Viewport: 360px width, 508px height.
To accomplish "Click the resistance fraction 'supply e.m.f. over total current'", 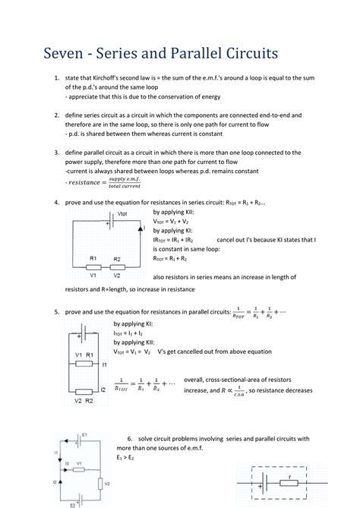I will (x=130, y=184).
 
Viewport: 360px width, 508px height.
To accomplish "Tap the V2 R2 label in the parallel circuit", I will (x=83, y=399).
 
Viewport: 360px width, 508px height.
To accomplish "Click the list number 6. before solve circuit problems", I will (x=130, y=440).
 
